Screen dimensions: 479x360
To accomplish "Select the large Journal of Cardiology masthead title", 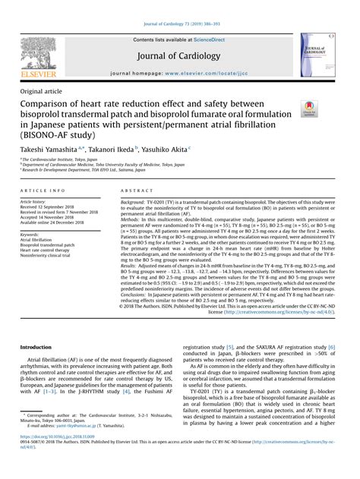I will [180, 56].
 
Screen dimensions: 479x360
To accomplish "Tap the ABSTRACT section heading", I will [141, 191].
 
